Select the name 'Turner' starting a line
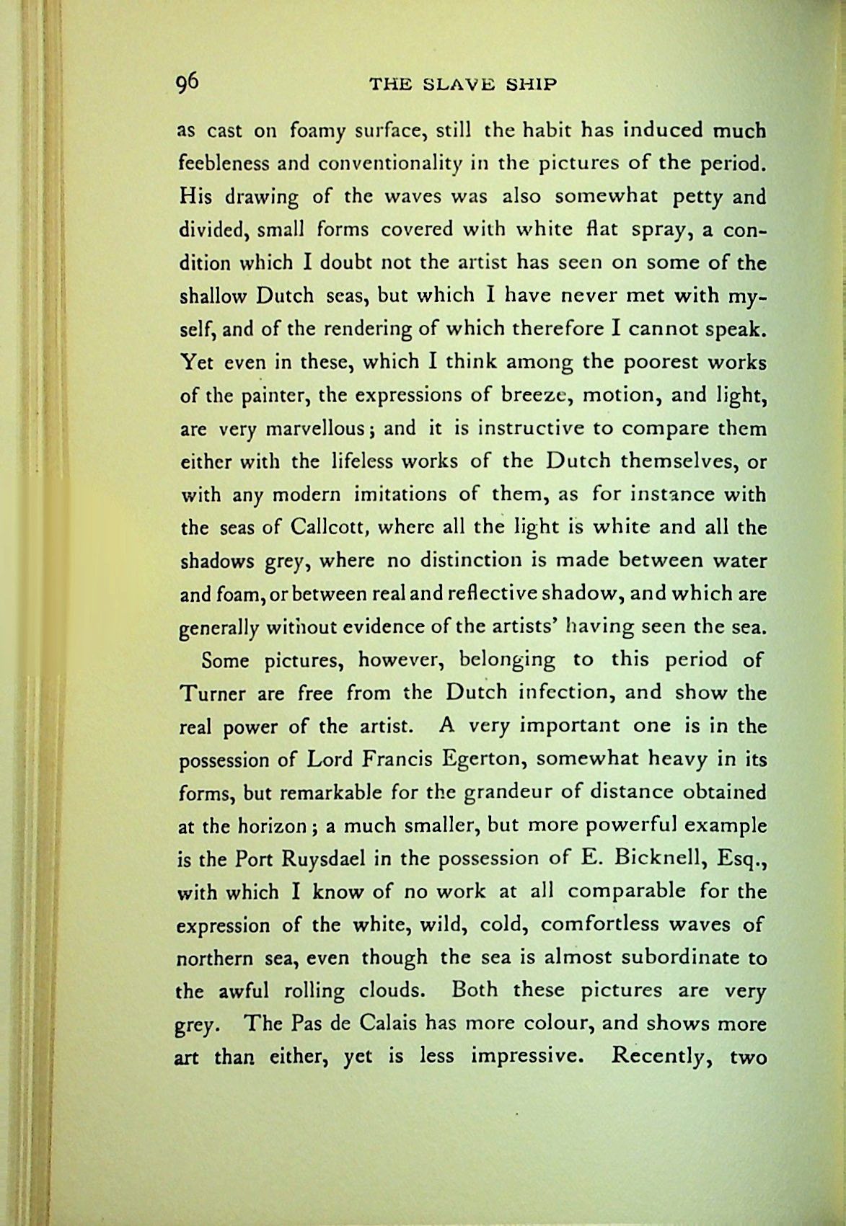pos(212,693)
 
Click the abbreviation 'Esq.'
pos(740,858)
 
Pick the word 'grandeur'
pos(498,792)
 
